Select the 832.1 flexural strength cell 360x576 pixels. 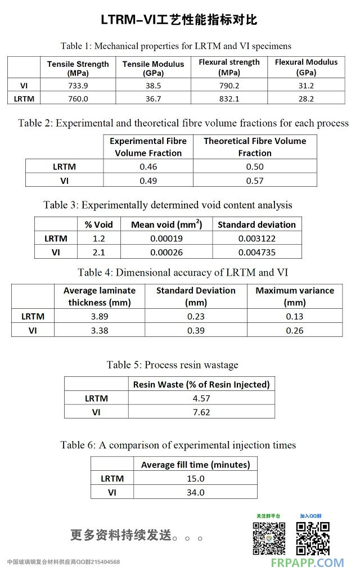229,98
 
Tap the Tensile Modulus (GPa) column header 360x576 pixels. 154,69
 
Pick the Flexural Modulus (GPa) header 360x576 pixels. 306,67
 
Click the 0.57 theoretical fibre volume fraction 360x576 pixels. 255,180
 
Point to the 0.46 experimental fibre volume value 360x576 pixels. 148,166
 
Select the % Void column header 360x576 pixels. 99,224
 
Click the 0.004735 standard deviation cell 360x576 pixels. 256,252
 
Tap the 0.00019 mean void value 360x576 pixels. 166,238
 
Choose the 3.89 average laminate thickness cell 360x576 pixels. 99,316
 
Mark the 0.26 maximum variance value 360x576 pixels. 295,330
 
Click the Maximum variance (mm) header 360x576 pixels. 295,296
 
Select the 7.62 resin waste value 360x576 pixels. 201,412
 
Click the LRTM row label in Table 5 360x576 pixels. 96,398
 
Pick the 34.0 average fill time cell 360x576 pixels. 195,492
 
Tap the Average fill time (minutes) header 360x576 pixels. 195,465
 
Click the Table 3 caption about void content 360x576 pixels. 168,205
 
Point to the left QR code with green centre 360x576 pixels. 268,538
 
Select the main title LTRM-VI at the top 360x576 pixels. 179,20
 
